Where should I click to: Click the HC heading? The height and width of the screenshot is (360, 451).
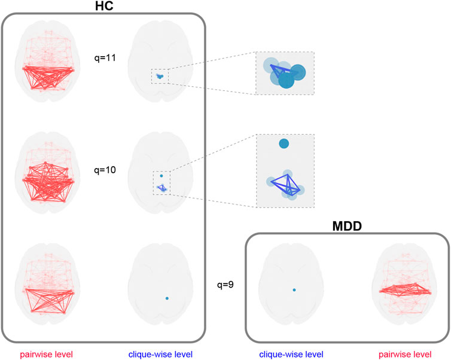103,7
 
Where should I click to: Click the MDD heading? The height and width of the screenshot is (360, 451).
347,227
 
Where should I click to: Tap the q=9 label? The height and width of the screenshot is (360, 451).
225,284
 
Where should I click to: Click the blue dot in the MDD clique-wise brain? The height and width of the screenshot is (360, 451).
294,290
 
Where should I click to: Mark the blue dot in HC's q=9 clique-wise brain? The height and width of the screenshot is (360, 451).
167,298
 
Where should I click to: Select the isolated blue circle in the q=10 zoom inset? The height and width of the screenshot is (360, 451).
284,144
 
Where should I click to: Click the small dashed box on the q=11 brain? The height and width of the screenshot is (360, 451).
160,76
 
